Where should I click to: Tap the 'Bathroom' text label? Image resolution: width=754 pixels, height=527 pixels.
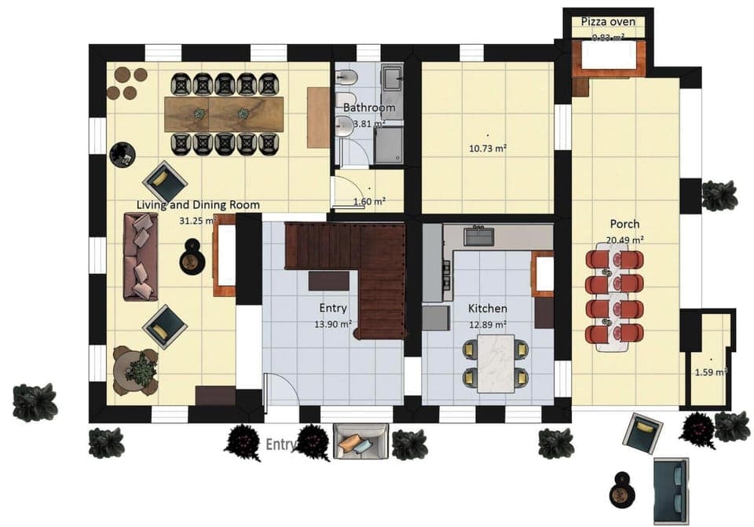(x=369, y=108)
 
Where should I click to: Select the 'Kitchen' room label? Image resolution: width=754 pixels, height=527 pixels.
(x=487, y=308)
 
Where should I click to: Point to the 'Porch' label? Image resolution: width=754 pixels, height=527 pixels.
(x=624, y=224)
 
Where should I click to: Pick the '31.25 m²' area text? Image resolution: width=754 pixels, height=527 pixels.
(x=197, y=221)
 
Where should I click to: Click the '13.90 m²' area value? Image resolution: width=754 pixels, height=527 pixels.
(x=334, y=323)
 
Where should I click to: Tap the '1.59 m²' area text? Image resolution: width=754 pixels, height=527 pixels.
(x=711, y=371)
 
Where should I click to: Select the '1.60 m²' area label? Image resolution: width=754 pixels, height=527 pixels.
(x=369, y=201)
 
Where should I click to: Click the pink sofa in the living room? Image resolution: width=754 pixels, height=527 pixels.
(x=141, y=255)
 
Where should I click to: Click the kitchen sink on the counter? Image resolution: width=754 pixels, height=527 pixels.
(x=477, y=235)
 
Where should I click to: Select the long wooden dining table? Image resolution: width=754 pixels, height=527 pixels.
(x=225, y=113)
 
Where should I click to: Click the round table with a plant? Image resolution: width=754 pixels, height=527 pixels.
(x=136, y=370)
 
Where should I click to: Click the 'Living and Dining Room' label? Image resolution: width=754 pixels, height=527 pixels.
(x=198, y=205)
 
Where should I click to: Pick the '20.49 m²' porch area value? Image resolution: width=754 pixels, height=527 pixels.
(x=624, y=240)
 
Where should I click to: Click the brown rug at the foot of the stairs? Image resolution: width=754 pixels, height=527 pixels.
(x=328, y=280)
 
